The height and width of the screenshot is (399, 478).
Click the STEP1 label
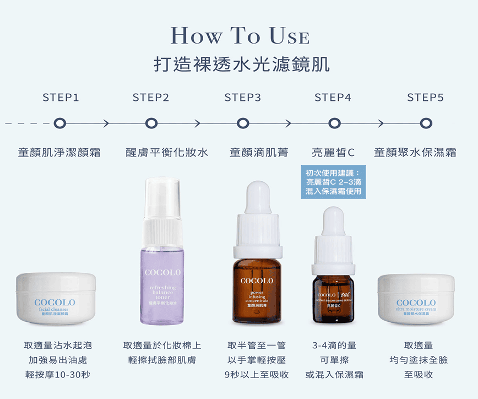pos(61,98)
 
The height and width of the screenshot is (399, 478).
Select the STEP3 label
pos(242,98)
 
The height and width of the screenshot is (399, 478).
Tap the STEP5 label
pos(425,98)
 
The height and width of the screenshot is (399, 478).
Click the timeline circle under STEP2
pos(151,123)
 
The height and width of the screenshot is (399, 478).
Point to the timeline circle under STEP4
pos(334,123)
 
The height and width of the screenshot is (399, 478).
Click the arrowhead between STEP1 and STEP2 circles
pos(106,123)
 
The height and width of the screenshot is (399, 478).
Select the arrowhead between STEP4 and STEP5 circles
pos(380,123)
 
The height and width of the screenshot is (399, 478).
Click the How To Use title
pos(240,36)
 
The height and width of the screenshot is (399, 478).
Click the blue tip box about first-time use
pos(334,182)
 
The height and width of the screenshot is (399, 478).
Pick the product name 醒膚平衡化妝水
pos(167,152)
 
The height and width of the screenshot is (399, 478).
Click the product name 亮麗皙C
pos(333,152)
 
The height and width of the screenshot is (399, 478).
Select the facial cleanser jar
pos(56,298)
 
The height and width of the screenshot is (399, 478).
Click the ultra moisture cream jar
pos(416,298)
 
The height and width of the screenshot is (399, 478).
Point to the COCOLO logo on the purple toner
pos(162,273)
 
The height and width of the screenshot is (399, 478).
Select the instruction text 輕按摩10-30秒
pos(58,375)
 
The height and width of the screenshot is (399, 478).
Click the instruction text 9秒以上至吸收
pos(257,375)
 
